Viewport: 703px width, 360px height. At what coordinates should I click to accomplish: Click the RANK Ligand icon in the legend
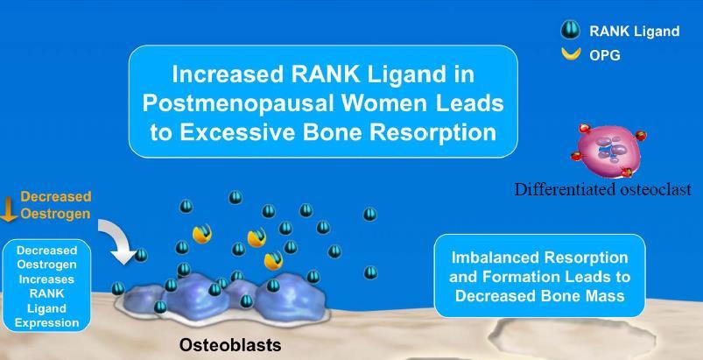coord(570,31)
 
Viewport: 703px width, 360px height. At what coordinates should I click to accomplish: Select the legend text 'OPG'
coord(605,55)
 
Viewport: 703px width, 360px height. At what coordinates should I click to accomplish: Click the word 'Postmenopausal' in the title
coord(238,103)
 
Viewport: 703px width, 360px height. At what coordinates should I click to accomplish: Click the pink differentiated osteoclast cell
coord(608,150)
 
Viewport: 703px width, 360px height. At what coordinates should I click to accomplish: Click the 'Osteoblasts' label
coord(230,345)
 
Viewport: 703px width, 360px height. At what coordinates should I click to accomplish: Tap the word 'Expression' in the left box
coord(46,323)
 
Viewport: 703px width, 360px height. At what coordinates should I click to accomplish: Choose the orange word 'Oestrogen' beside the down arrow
coord(56,214)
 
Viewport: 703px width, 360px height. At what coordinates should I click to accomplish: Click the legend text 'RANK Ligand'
coord(635,31)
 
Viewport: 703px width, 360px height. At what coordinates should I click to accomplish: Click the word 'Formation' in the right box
coord(510,276)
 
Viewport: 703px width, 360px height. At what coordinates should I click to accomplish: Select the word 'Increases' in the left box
coord(46,279)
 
